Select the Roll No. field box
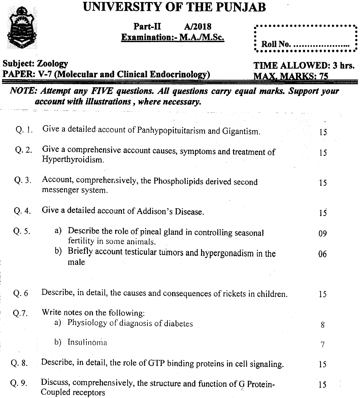(x=305, y=39)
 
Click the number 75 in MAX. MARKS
(x=324, y=76)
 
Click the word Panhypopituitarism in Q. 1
(x=171, y=131)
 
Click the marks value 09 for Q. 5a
(x=322, y=233)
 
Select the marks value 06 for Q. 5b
(x=322, y=254)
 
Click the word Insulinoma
(x=87, y=342)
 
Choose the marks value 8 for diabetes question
(x=323, y=325)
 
